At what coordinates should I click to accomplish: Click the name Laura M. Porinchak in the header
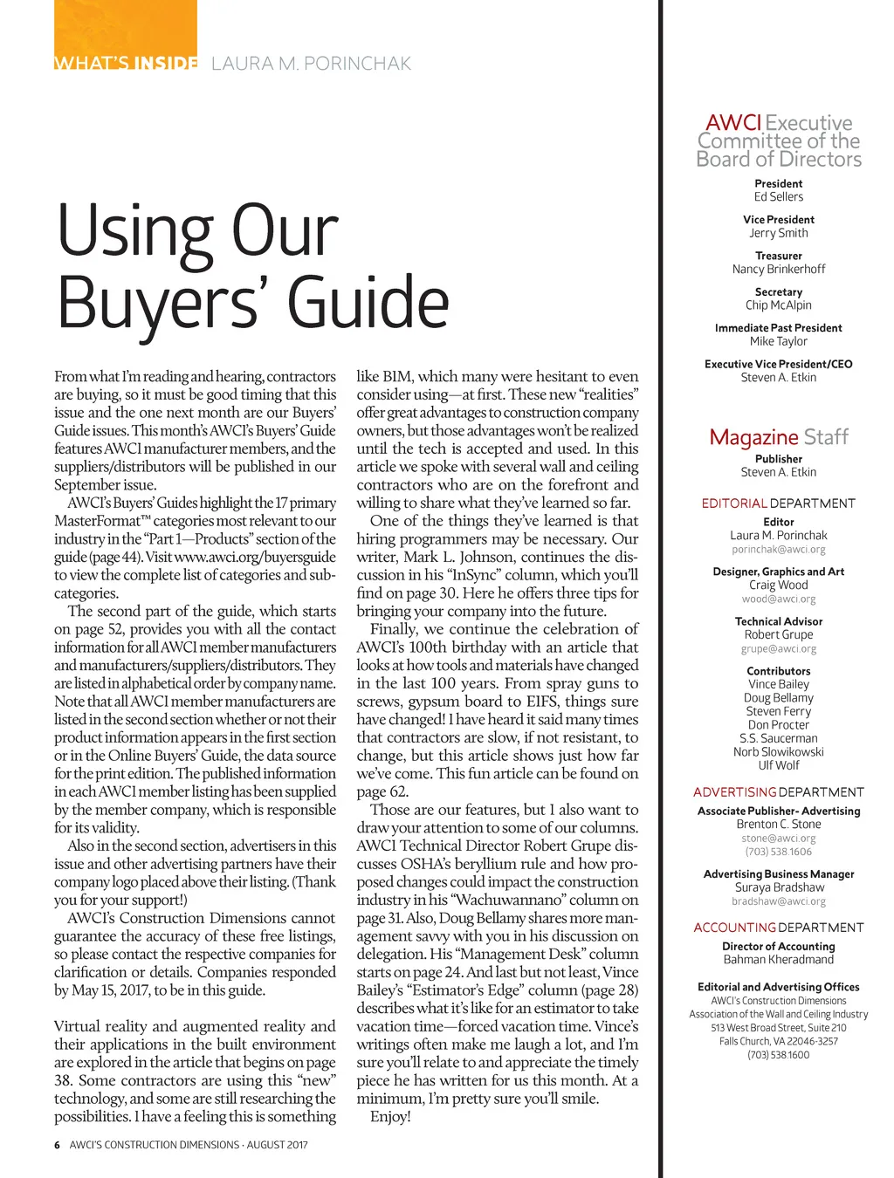pyautogui.click(x=311, y=64)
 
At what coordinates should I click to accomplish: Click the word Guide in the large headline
pyautogui.click(x=368, y=302)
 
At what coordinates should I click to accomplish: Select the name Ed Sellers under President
pyautogui.click(x=779, y=197)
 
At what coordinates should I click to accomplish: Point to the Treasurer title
pyautogui.click(x=779, y=256)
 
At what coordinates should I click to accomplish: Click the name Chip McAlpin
pyautogui.click(x=779, y=305)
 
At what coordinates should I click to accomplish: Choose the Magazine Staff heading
pyautogui.click(x=779, y=436)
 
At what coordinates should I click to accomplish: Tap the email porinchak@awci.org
pyautogui.click(x=779, y=550)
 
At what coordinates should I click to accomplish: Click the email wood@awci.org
pyautogui.click(x=779, y=599)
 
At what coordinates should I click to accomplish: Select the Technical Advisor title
pyautogui.click(x=779, y=621)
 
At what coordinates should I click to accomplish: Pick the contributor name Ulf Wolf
pyautogui.click(x=779, y=765)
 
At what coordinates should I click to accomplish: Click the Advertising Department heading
pyautogui.click(x=779, y=792)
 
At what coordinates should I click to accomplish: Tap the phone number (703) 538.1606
pyautogui.click(x=779, y=852)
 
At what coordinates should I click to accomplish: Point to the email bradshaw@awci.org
pyautogui.click(x=779, y=901)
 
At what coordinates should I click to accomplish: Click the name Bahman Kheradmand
pyautogui.click(x=779, y=960)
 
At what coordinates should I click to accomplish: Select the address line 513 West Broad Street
pyautogui.click(x=779, y=1028)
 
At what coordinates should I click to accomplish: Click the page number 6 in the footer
pyautogui.click(x=57, y=1145)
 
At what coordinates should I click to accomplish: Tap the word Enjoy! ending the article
pyautogui.click(x=390, y=1117)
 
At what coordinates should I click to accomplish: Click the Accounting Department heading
pyautogui.click(x=779, y=928)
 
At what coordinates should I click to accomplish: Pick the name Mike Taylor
pyautogui.click(x=779, y=342)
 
